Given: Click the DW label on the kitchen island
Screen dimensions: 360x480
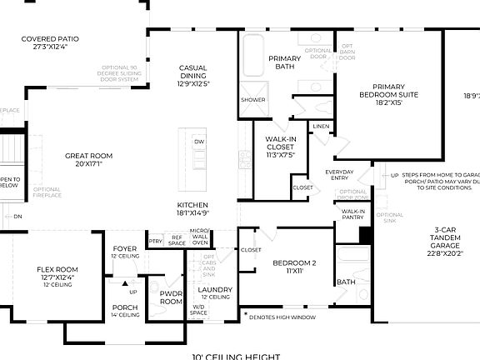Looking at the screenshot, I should tap(198, 142).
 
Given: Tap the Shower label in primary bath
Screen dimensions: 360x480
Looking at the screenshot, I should tap(252, 99).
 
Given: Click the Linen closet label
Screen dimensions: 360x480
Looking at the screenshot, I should tap(320, 126).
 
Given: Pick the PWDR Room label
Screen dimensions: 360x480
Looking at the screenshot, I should tap(171, 298).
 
